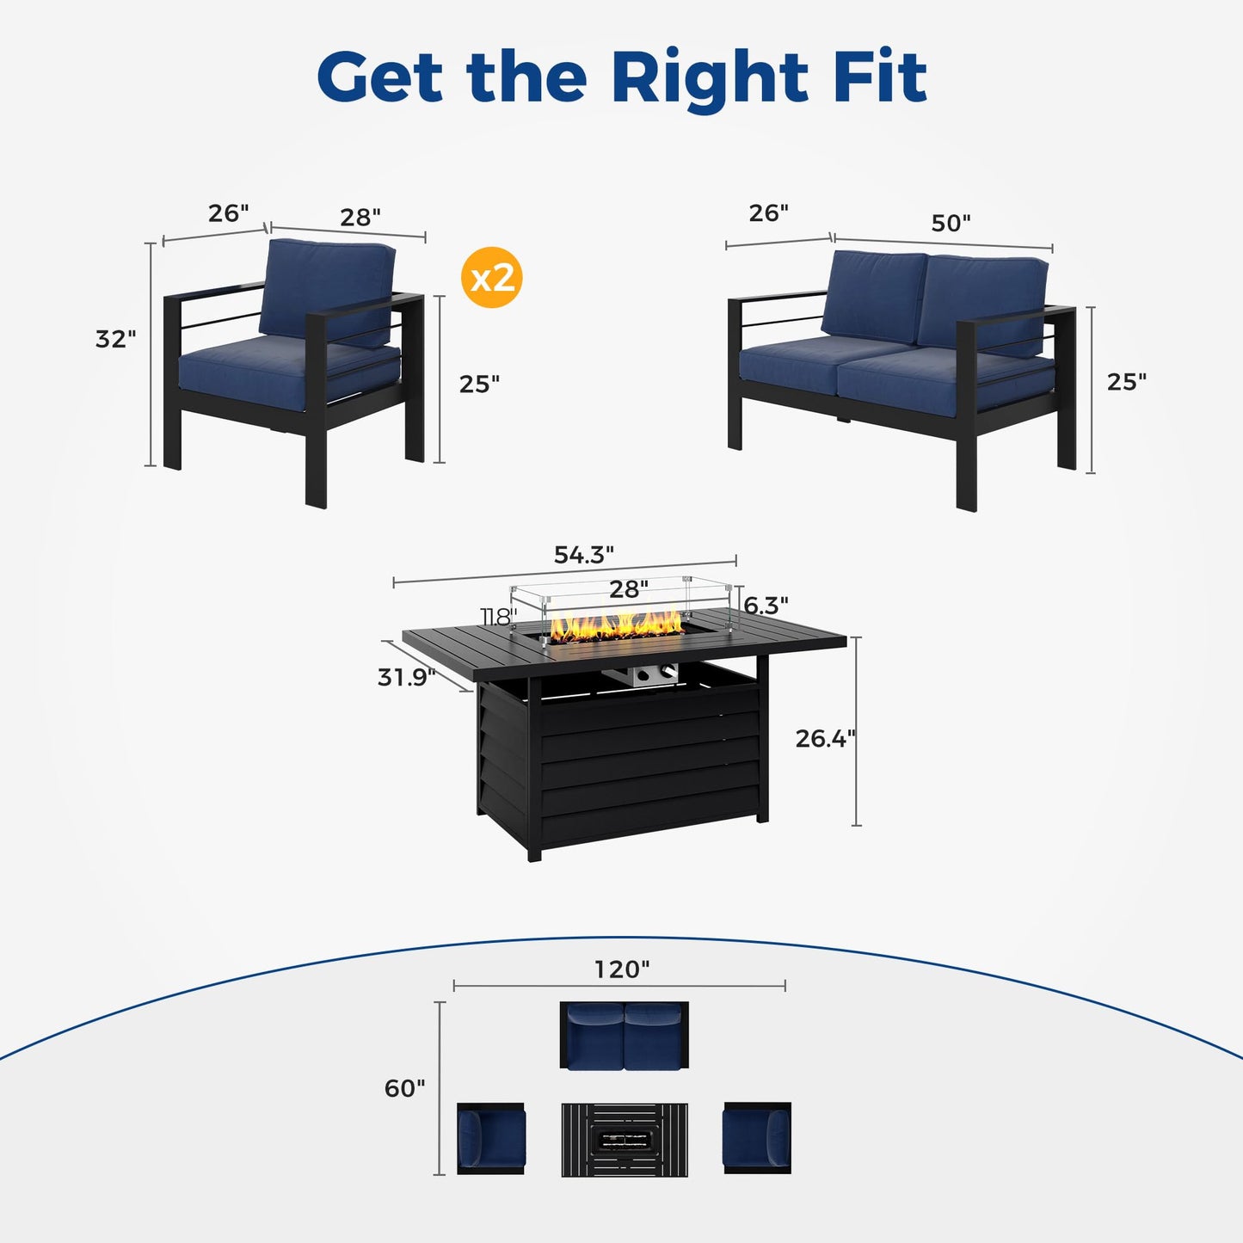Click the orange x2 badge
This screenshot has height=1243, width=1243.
tap(491, 277)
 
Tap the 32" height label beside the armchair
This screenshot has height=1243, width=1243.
tap(116, 339)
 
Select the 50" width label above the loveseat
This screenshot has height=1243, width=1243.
tap(951, 223)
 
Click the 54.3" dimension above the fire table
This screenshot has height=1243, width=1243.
tap(584, 555)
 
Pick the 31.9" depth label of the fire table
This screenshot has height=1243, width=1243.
tap(407, 677)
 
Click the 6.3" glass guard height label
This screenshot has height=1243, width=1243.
tap(766, 605)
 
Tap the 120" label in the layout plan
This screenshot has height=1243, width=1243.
tap(621, 969)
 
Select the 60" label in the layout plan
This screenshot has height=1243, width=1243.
tap(405, 1088)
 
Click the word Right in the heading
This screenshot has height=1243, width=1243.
tap(711, 77)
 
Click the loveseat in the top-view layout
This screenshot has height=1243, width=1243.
tap(624, 1036)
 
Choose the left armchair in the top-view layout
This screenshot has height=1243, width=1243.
tap(491, 1138)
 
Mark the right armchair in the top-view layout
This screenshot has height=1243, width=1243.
tap(757, 1138)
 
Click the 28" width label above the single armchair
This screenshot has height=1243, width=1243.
tap(360, 218)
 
